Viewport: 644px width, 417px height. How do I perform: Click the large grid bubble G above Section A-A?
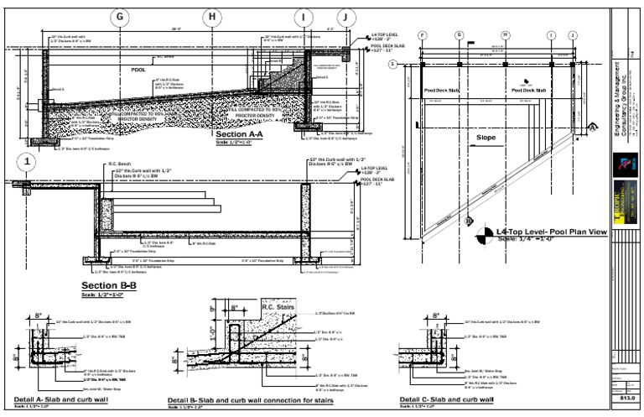click(122, 17)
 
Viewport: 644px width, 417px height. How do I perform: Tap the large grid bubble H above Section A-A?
click(213, 17)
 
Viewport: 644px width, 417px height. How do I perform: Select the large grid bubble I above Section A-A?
click(303, 17)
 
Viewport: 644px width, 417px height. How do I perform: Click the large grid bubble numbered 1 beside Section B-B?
click(29, 162)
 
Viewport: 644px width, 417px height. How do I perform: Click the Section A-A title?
click(239, 134)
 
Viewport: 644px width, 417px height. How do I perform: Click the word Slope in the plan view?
click(486, 137)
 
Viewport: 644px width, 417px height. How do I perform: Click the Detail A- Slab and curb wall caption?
click(60, 399)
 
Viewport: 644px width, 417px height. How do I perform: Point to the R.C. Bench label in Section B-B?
click(121, 164)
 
